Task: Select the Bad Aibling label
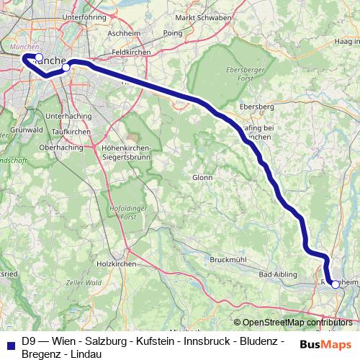276,274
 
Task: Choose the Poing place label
173,33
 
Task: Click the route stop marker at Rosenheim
335,284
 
